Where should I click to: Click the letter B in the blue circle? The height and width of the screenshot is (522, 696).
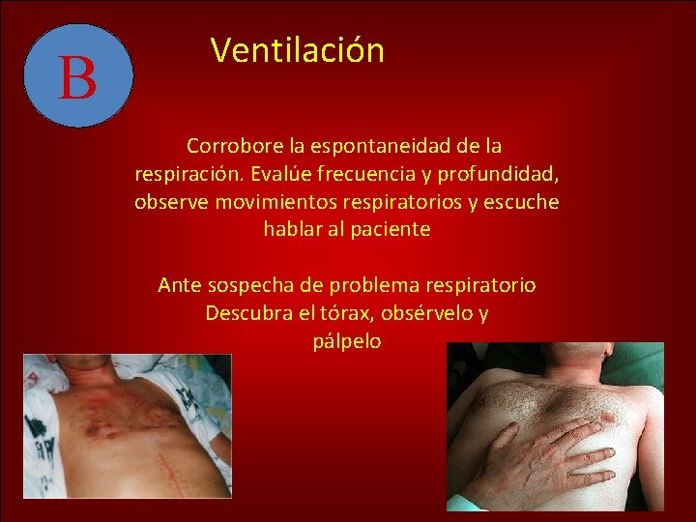click(77, 77)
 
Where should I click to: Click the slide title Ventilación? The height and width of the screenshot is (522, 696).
click(298, 50)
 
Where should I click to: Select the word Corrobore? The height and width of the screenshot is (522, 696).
click(229, 146)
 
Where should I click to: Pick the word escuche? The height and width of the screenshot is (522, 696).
click(523, 202)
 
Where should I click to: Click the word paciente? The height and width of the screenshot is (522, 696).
click(391, 230)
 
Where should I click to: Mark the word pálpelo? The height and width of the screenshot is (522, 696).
click(347, 341)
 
